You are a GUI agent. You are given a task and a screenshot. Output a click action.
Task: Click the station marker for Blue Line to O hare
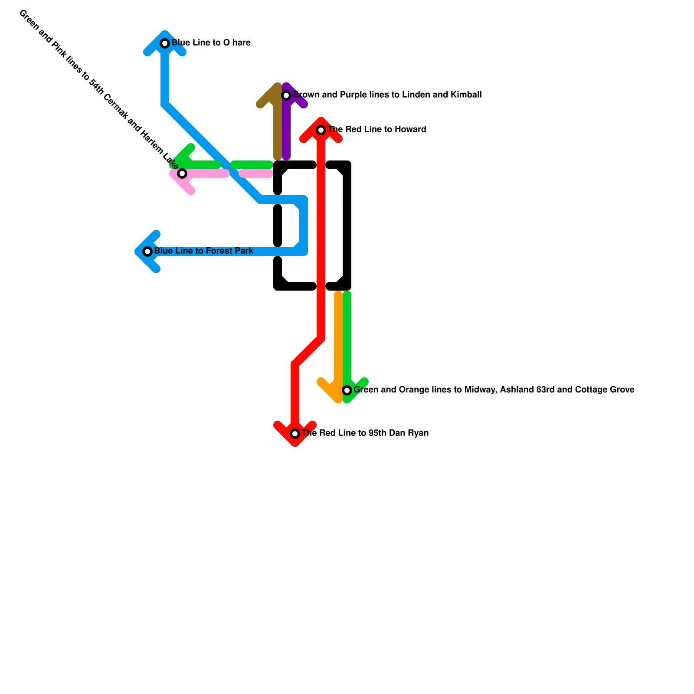click(x=165, y=43)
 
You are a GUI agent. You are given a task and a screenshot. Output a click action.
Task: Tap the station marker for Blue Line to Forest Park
click(x=147, y=252)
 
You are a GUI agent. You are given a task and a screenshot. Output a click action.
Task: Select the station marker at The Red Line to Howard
click(x=321, y=130)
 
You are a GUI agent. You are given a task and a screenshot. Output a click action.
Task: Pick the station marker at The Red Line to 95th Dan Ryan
click(x=295, y=434)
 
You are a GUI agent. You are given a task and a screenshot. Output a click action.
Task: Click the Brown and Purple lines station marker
click(x=286, y=95)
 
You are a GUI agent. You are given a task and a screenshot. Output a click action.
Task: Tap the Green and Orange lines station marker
click(x=347, y=390)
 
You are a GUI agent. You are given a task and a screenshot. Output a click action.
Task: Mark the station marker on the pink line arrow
click(x=183, y=173)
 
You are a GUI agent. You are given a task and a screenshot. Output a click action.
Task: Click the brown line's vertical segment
click(x=278, y=130)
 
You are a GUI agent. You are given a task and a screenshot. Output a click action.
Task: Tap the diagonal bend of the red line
click(x=308, y=351)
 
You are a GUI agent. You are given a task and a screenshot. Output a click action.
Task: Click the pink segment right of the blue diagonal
click(x=256, y=174)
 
